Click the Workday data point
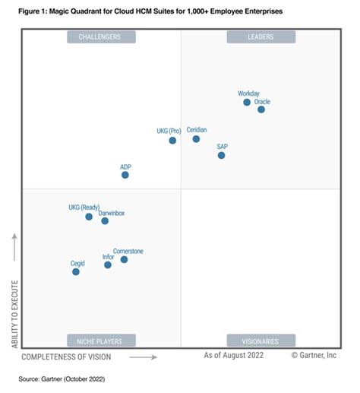(247, 103)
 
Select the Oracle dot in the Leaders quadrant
(261, 109)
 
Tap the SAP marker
(222, 155)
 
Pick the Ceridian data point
(196, 139)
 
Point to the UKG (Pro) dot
(173, 141)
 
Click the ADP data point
(125, 175)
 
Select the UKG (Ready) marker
(89, 217)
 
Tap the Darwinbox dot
(105, 221)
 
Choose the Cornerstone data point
(124, 260)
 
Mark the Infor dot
(108, 265)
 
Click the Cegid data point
(76, 271)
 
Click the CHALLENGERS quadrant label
(100, 36)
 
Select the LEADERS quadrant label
(261, 36)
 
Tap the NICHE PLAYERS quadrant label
(100, 341)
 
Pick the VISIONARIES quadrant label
(261, 341)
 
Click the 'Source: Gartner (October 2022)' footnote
(62, 378)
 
